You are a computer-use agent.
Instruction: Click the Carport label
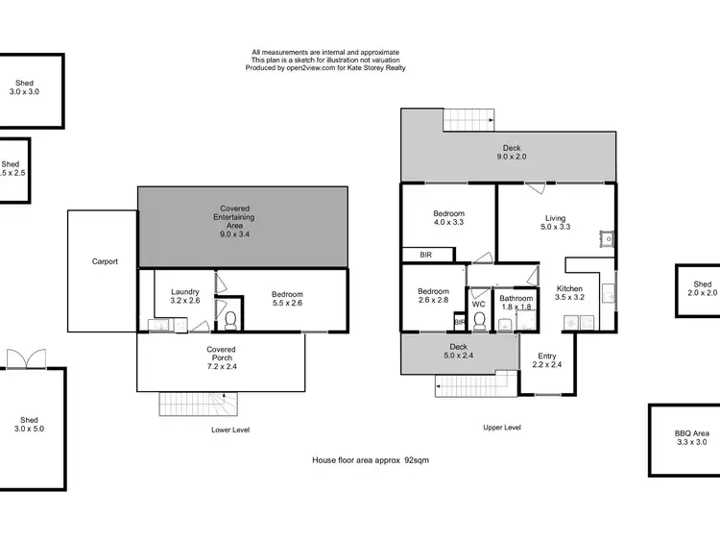click(x=105, y=261)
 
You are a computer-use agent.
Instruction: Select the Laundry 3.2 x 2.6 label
click(x=184, y=296)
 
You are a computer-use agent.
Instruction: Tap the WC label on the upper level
click(x=478, y=305)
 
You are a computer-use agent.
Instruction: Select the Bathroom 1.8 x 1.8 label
click(x=516, y=303)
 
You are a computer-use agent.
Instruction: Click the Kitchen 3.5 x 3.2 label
click(x=570, y=293)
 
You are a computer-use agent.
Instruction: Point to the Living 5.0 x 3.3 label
click(x=555, y=223)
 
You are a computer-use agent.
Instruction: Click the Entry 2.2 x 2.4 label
click(x=546, y=360)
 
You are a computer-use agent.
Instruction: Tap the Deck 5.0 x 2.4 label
click(x=458, y=352)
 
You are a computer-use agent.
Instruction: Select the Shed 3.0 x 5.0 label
click(x=30, y=425)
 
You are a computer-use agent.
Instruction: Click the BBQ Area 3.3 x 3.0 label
click(x=690, y=438)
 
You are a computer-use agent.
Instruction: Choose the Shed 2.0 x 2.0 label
click(x=703, y=288)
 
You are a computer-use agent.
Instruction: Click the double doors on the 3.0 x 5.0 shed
click(x=21, y=358)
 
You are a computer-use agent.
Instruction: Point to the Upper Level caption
click(x=501, y=427)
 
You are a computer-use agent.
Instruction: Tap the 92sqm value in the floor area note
click(x=416, y=461)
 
